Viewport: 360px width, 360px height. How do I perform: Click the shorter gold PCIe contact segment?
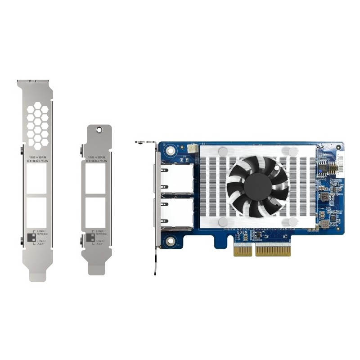tap(243, 251)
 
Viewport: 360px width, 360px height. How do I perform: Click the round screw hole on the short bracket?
tap(99, 130)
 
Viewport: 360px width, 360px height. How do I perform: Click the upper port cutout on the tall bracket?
tap(36, 178)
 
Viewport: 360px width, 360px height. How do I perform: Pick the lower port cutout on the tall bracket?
tap(36, 212)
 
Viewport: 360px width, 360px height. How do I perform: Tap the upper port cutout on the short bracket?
tap(96, 178)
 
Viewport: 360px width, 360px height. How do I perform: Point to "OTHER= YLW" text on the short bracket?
tap(96, 161)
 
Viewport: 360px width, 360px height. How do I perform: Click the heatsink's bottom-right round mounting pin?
tap(292, 221)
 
